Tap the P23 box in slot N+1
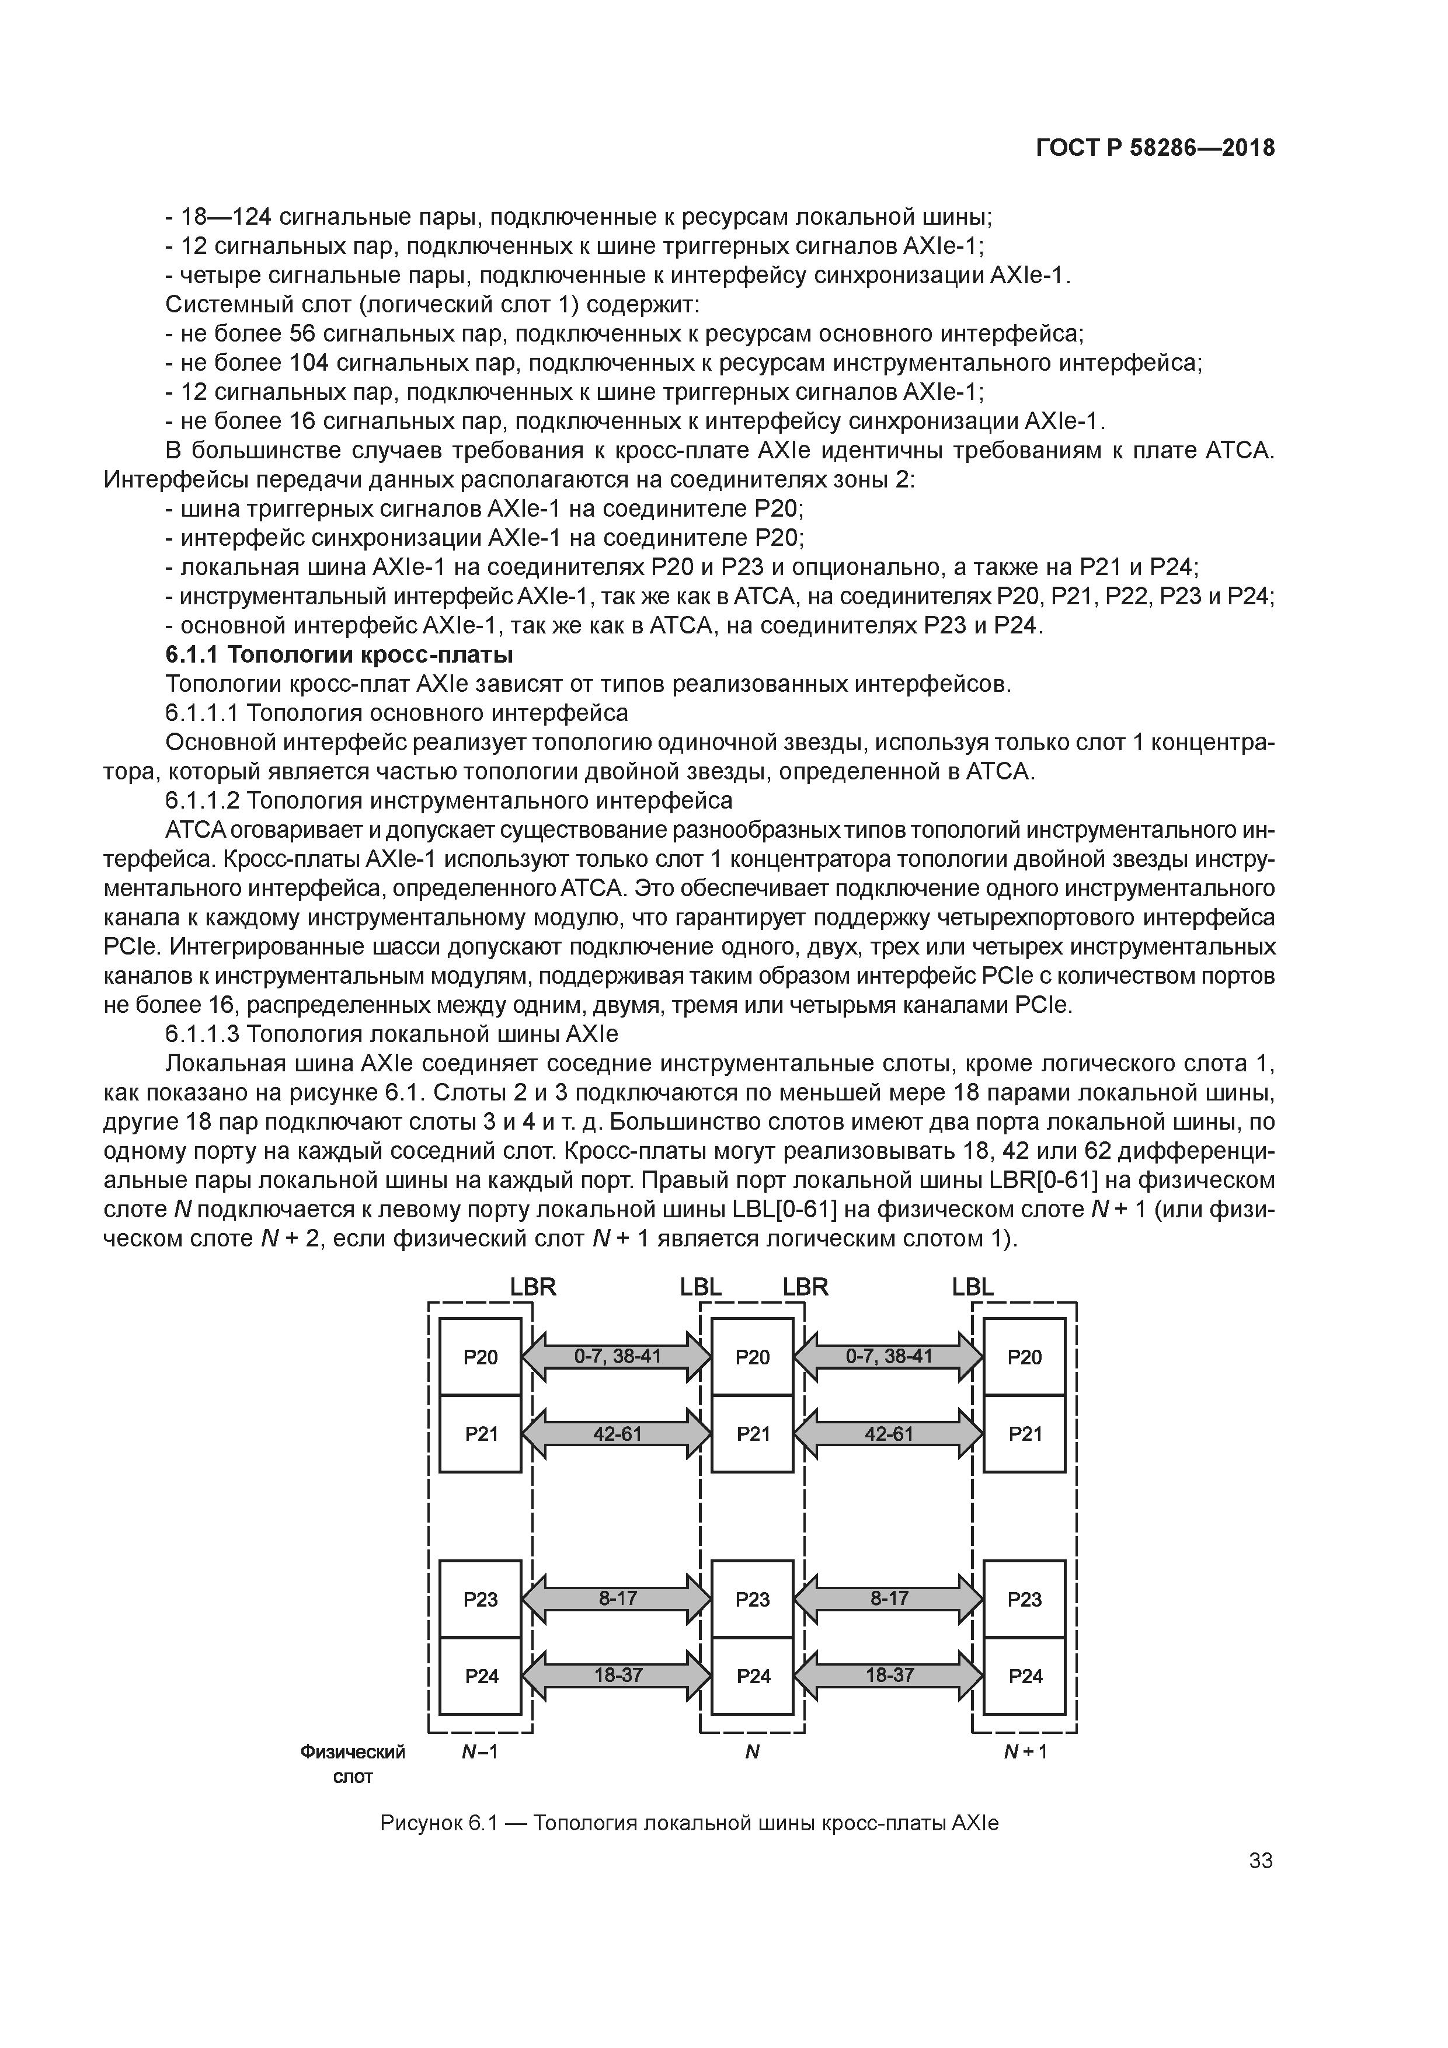pos(1024,1598)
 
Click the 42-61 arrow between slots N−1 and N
pos(617,1433)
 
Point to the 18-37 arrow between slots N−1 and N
pos(617,1674)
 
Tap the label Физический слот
pos(353,1764)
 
